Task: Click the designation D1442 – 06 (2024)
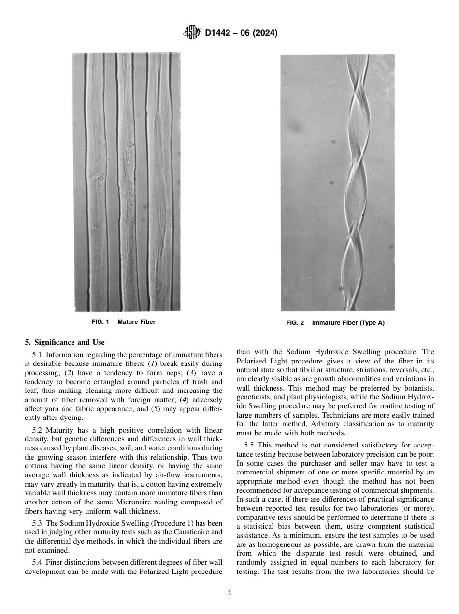pyautogui.click(x=241, y=33)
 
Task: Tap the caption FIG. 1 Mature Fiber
pyautogui.click(x=124, y=322)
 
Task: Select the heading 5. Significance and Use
pyautogui.click(x=64, y=342)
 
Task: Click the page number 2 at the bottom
pyautogui.click(x=229, y=593)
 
